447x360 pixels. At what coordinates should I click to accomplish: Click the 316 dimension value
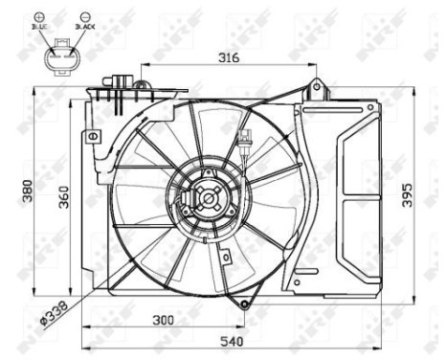227,58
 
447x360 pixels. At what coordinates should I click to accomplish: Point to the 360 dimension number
63,196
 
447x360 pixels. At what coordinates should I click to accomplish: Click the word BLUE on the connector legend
39,29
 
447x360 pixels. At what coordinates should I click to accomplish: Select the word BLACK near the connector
85,29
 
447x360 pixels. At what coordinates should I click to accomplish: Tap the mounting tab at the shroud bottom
245,305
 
